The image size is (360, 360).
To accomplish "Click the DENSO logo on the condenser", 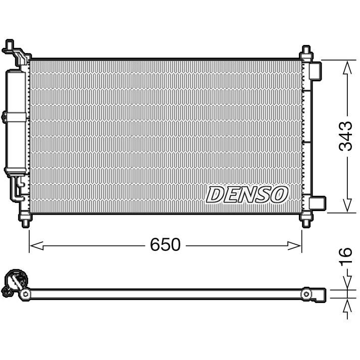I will pos(247,194).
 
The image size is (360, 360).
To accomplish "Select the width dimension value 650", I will pos(165,245).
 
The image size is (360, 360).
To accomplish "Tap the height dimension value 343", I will pos(346,136).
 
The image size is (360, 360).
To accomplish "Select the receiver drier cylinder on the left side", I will pos(15,121).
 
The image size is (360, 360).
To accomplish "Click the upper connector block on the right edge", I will pos(316,71).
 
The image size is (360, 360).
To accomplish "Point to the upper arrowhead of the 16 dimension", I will pos(347,284).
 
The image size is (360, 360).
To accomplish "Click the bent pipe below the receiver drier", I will pos(19,189).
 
